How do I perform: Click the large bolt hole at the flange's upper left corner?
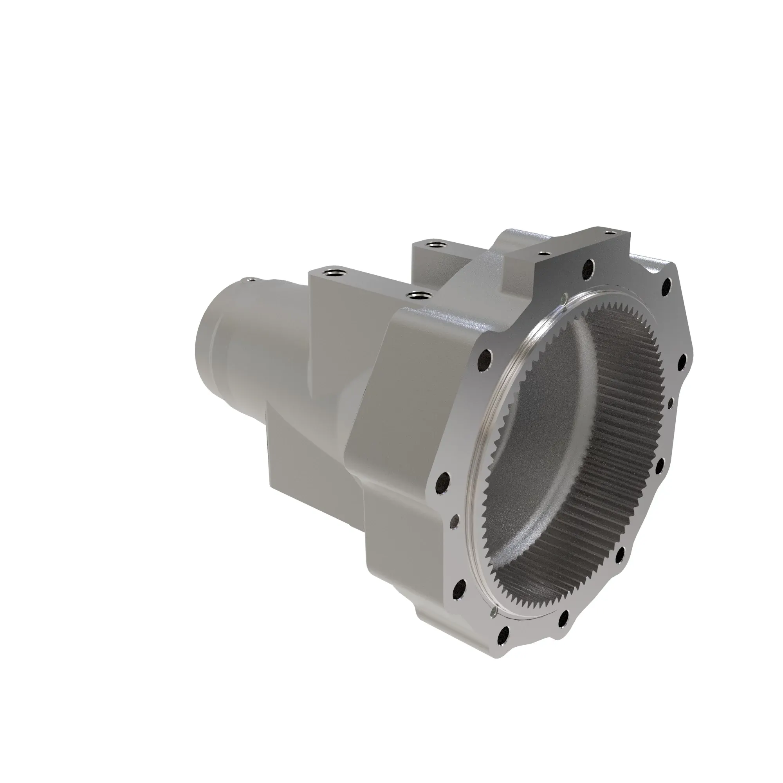point(484,358)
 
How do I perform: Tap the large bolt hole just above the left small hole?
point(444,482)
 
